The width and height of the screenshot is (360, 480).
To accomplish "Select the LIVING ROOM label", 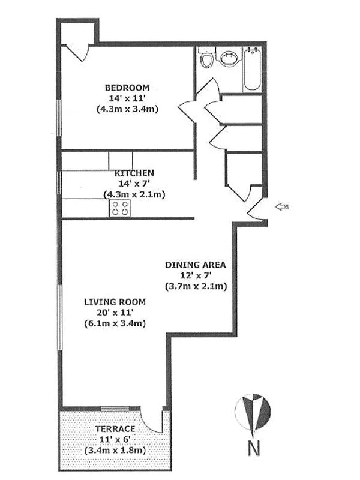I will coord(116,302).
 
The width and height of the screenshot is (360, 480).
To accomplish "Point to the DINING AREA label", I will coord(196,265).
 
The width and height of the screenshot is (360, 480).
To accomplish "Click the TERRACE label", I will coord(115,430).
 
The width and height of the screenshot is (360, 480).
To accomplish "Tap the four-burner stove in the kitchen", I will coord(121,208).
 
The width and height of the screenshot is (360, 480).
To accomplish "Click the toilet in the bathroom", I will coord(206,59).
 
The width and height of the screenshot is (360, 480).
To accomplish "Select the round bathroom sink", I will coord(229,58).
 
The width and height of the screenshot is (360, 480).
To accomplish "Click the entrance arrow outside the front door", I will coord(281,207).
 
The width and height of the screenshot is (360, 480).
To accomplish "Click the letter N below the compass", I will coord(254,448).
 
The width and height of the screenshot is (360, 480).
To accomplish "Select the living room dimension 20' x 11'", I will coord(116,313).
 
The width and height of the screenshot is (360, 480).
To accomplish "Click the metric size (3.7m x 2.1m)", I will coord(196,286).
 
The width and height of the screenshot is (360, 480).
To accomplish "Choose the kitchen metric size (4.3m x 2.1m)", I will coord(134,194).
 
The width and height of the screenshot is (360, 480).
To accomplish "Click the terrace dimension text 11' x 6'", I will coord(115,440).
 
